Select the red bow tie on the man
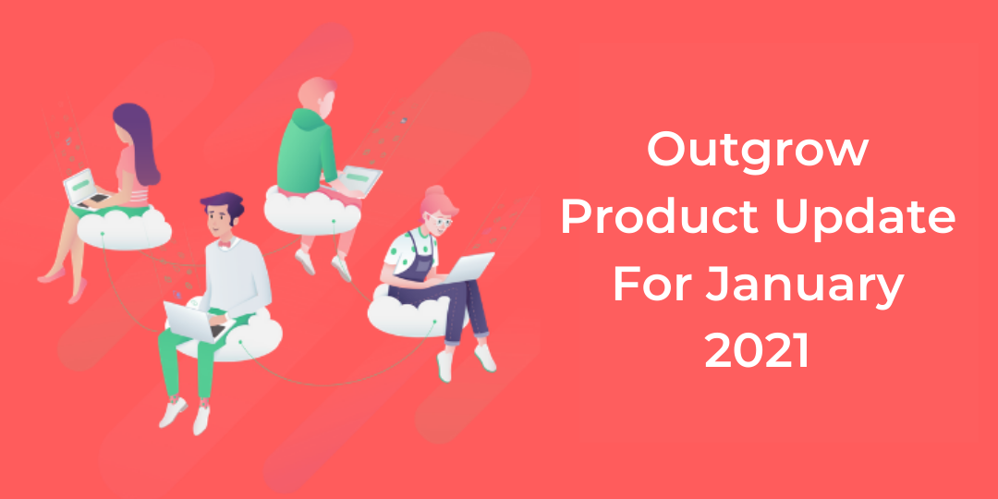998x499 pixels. point(224,243)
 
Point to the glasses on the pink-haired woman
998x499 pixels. point(439,220)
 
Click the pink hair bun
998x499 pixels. point(434,191)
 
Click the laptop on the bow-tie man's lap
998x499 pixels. point(195,322)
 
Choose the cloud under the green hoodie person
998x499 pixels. point(312,211)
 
